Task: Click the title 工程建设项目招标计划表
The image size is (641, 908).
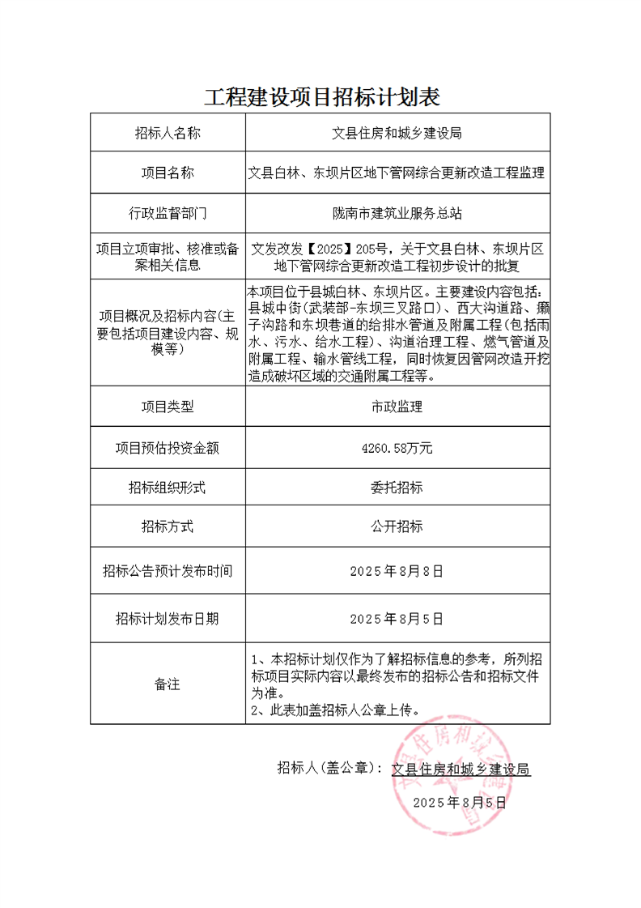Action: (321, 97)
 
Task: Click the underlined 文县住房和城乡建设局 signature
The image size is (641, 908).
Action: (461, 769)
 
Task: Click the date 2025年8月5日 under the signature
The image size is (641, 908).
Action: (459, 802)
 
